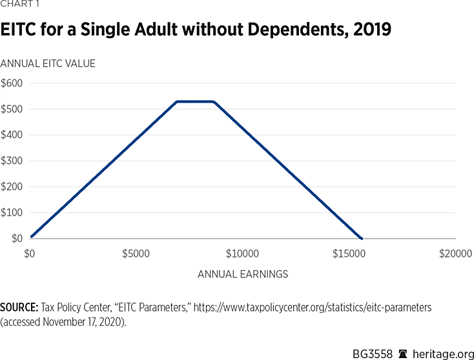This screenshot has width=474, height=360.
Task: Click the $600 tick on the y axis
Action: point(11,83)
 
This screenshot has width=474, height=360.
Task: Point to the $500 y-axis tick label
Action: point(11,109)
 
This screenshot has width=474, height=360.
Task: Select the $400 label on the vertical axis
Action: point(11,135)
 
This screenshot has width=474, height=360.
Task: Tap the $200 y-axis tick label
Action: point(11,187)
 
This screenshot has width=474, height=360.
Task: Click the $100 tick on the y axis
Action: point(11,213)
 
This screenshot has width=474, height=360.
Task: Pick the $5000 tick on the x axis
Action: point(136,253)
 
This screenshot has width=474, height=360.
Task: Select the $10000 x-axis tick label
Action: point(242,253)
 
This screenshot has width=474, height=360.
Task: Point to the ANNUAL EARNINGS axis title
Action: point(243,274)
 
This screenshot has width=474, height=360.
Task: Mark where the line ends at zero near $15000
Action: point(361,238)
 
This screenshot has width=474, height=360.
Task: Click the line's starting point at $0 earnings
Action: point(30,237)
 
